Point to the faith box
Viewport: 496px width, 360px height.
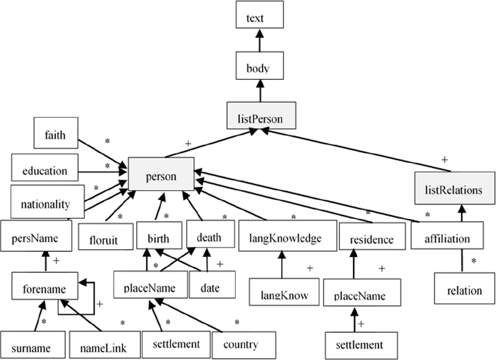(x=56, y=133)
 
